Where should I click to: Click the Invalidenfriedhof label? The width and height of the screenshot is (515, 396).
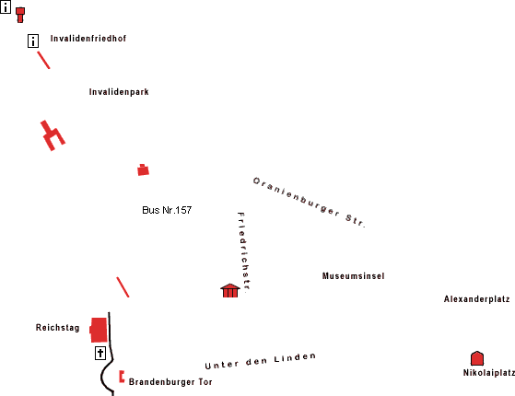coord(88,39)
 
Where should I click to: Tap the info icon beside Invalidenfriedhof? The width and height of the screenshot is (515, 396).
coord(33,41)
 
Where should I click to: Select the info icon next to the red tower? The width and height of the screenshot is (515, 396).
coord(6,6)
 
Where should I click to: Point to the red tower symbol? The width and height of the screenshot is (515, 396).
coord(20,15)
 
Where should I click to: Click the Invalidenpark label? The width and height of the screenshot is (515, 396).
coord(119,92)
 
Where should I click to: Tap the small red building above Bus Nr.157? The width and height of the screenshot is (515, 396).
coord(143,170)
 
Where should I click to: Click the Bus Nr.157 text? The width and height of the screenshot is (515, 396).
coord(167,210)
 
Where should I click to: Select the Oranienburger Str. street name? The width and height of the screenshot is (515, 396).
coord(309,203)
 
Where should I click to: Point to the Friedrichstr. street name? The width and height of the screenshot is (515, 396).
coord(244,251)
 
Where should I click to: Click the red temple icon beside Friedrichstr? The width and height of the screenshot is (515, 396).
coord(230,291)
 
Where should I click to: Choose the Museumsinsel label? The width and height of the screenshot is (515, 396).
coord(353,276)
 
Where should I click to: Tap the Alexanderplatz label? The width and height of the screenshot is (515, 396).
coord(476,299)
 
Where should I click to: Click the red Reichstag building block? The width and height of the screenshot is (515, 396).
coord(99,330)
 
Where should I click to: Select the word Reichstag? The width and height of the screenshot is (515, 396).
coord(57,328)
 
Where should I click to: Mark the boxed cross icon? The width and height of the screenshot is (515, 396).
coord(100,353)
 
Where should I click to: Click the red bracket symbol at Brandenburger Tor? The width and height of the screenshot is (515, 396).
coord(122,377)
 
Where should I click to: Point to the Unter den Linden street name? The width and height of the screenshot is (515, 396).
coord(260,361)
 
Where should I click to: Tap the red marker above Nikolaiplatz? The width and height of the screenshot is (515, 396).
coord(477,358)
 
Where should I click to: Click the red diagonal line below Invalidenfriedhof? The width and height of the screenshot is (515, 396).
coord(43,60)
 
